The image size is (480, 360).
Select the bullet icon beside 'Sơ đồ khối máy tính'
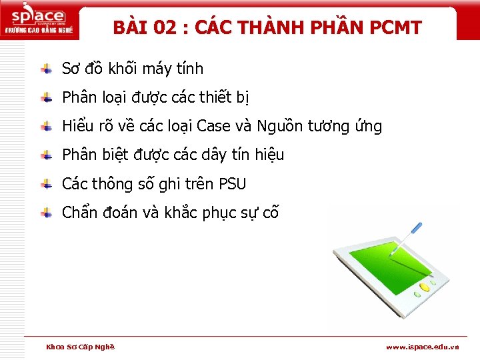(47, 69)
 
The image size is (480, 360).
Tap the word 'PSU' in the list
(232, 184)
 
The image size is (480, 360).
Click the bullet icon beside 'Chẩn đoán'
(47, 213)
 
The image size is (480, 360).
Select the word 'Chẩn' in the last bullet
(79, 213)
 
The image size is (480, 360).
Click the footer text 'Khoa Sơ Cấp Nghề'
(80, 347)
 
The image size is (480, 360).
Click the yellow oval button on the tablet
(424, 287)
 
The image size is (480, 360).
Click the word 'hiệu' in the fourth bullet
(269, 155)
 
